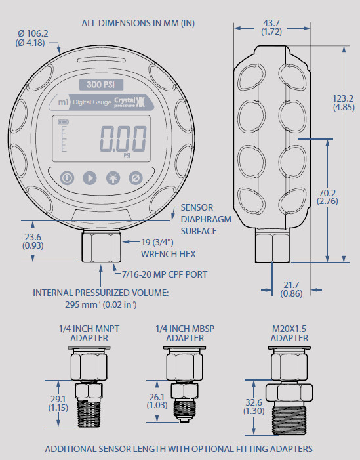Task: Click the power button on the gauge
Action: pos(67,178)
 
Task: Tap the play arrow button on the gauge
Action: pos(89,178)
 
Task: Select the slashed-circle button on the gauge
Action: pos(136,178)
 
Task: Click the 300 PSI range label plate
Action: pos(101,84)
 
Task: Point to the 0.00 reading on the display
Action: pos(123,139)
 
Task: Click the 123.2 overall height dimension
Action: pos(345,102)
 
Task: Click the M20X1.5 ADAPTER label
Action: pos(289,333)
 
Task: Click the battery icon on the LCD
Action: pos(64,121)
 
